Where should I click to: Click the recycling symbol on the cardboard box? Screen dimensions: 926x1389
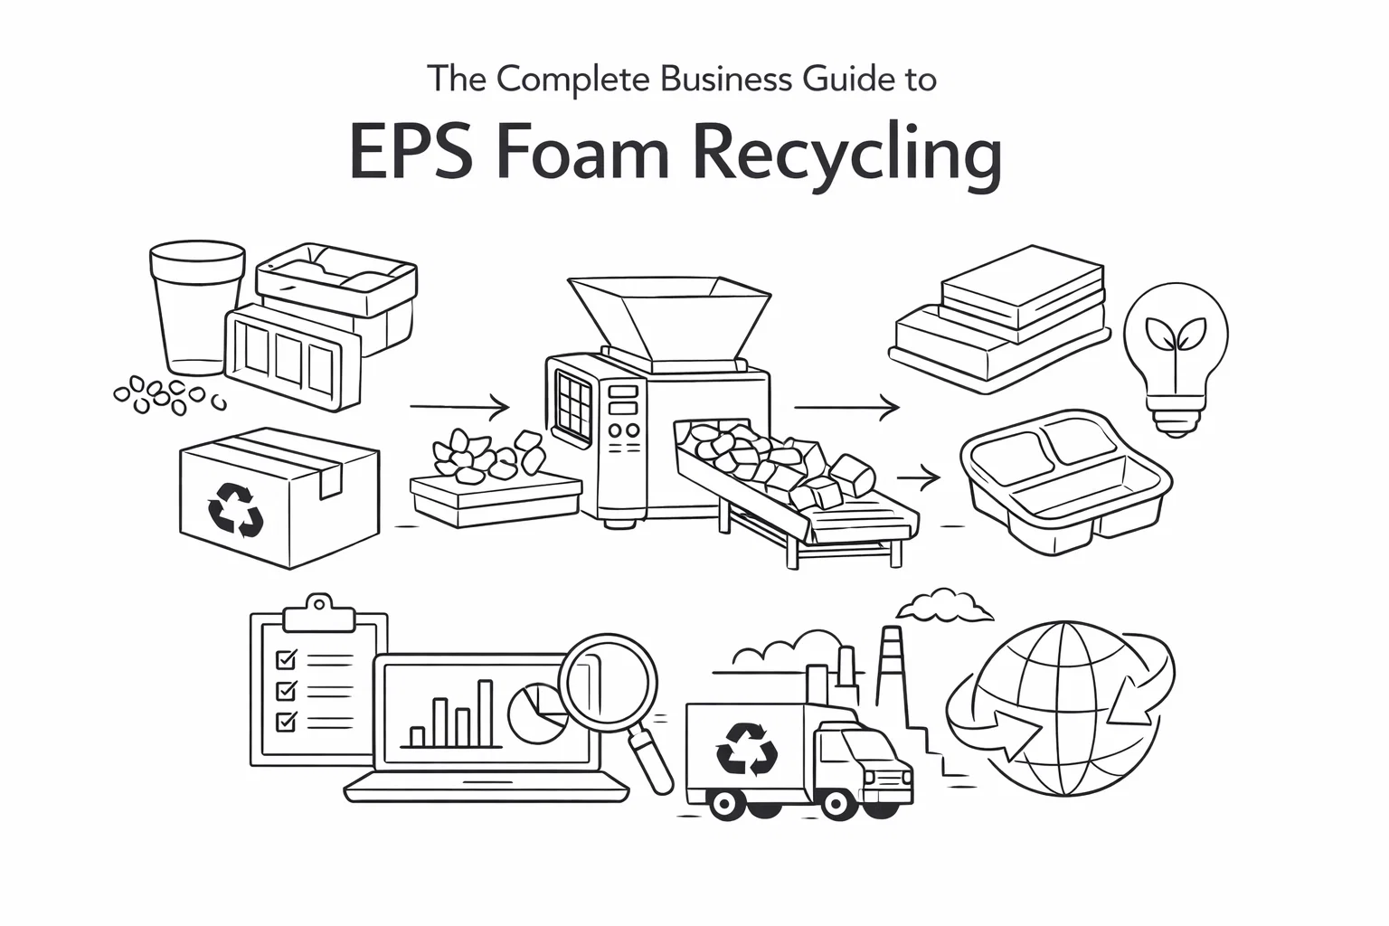tap(235, 510)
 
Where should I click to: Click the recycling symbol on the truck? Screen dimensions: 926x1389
tap(746, 748)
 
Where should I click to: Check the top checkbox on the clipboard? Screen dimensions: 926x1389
tap(286, 658)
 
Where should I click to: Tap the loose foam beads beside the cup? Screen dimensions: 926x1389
tap(163, 395)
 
